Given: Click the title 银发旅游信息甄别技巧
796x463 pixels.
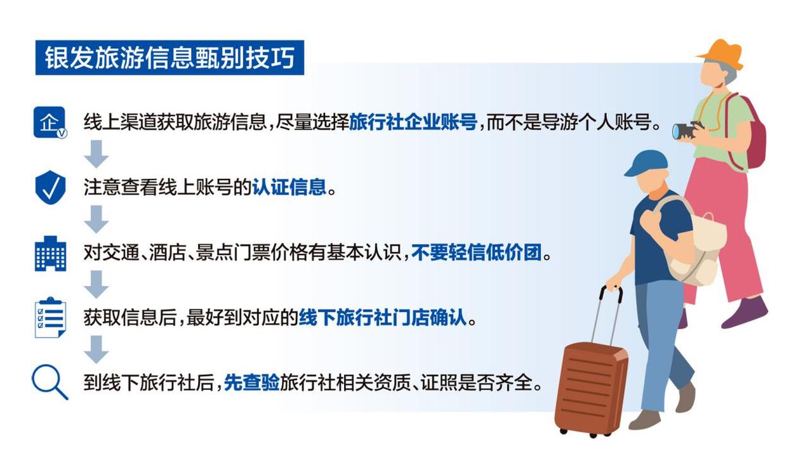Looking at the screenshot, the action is pyautogui.click(x=169, y=58).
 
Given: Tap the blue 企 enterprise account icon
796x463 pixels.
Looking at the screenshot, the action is pyautogui.click(x=50, y=122).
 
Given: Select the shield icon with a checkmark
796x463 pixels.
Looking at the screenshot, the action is pyautogui.click(x=51, y=187).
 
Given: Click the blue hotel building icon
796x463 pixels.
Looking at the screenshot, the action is pyautogui.click(x=51, y=253).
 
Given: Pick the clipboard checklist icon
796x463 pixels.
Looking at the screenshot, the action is pyautogui.click(x=50, y=317).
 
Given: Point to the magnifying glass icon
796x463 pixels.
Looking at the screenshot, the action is pyautogui.click(x=50, y=382).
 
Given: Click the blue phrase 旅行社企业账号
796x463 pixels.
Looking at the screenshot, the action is pyautogui.click(x=413, y=122).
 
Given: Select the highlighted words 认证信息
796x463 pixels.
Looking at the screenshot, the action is pyautogui.click(x=289, y=187).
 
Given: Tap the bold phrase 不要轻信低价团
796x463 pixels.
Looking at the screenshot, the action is pyautogui.click(x=476, y=253).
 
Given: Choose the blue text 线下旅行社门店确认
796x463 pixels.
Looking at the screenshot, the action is pyautogui.click(x=383, y=317).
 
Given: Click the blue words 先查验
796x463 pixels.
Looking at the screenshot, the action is pyautogui.click(x=252, y=383).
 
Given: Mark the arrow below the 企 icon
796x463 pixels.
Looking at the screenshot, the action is pyautogui.click(x=96, y=154).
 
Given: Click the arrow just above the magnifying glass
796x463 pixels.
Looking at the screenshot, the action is pyautogui.click(x=96, y=349).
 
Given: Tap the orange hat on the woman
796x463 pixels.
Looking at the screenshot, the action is pyautogui.click(x=722, y=54).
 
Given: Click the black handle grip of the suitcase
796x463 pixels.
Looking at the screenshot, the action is pyautogui.click(x=611, y=292).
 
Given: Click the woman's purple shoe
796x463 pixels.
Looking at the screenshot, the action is pyautogui.click(x=745, y=313).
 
